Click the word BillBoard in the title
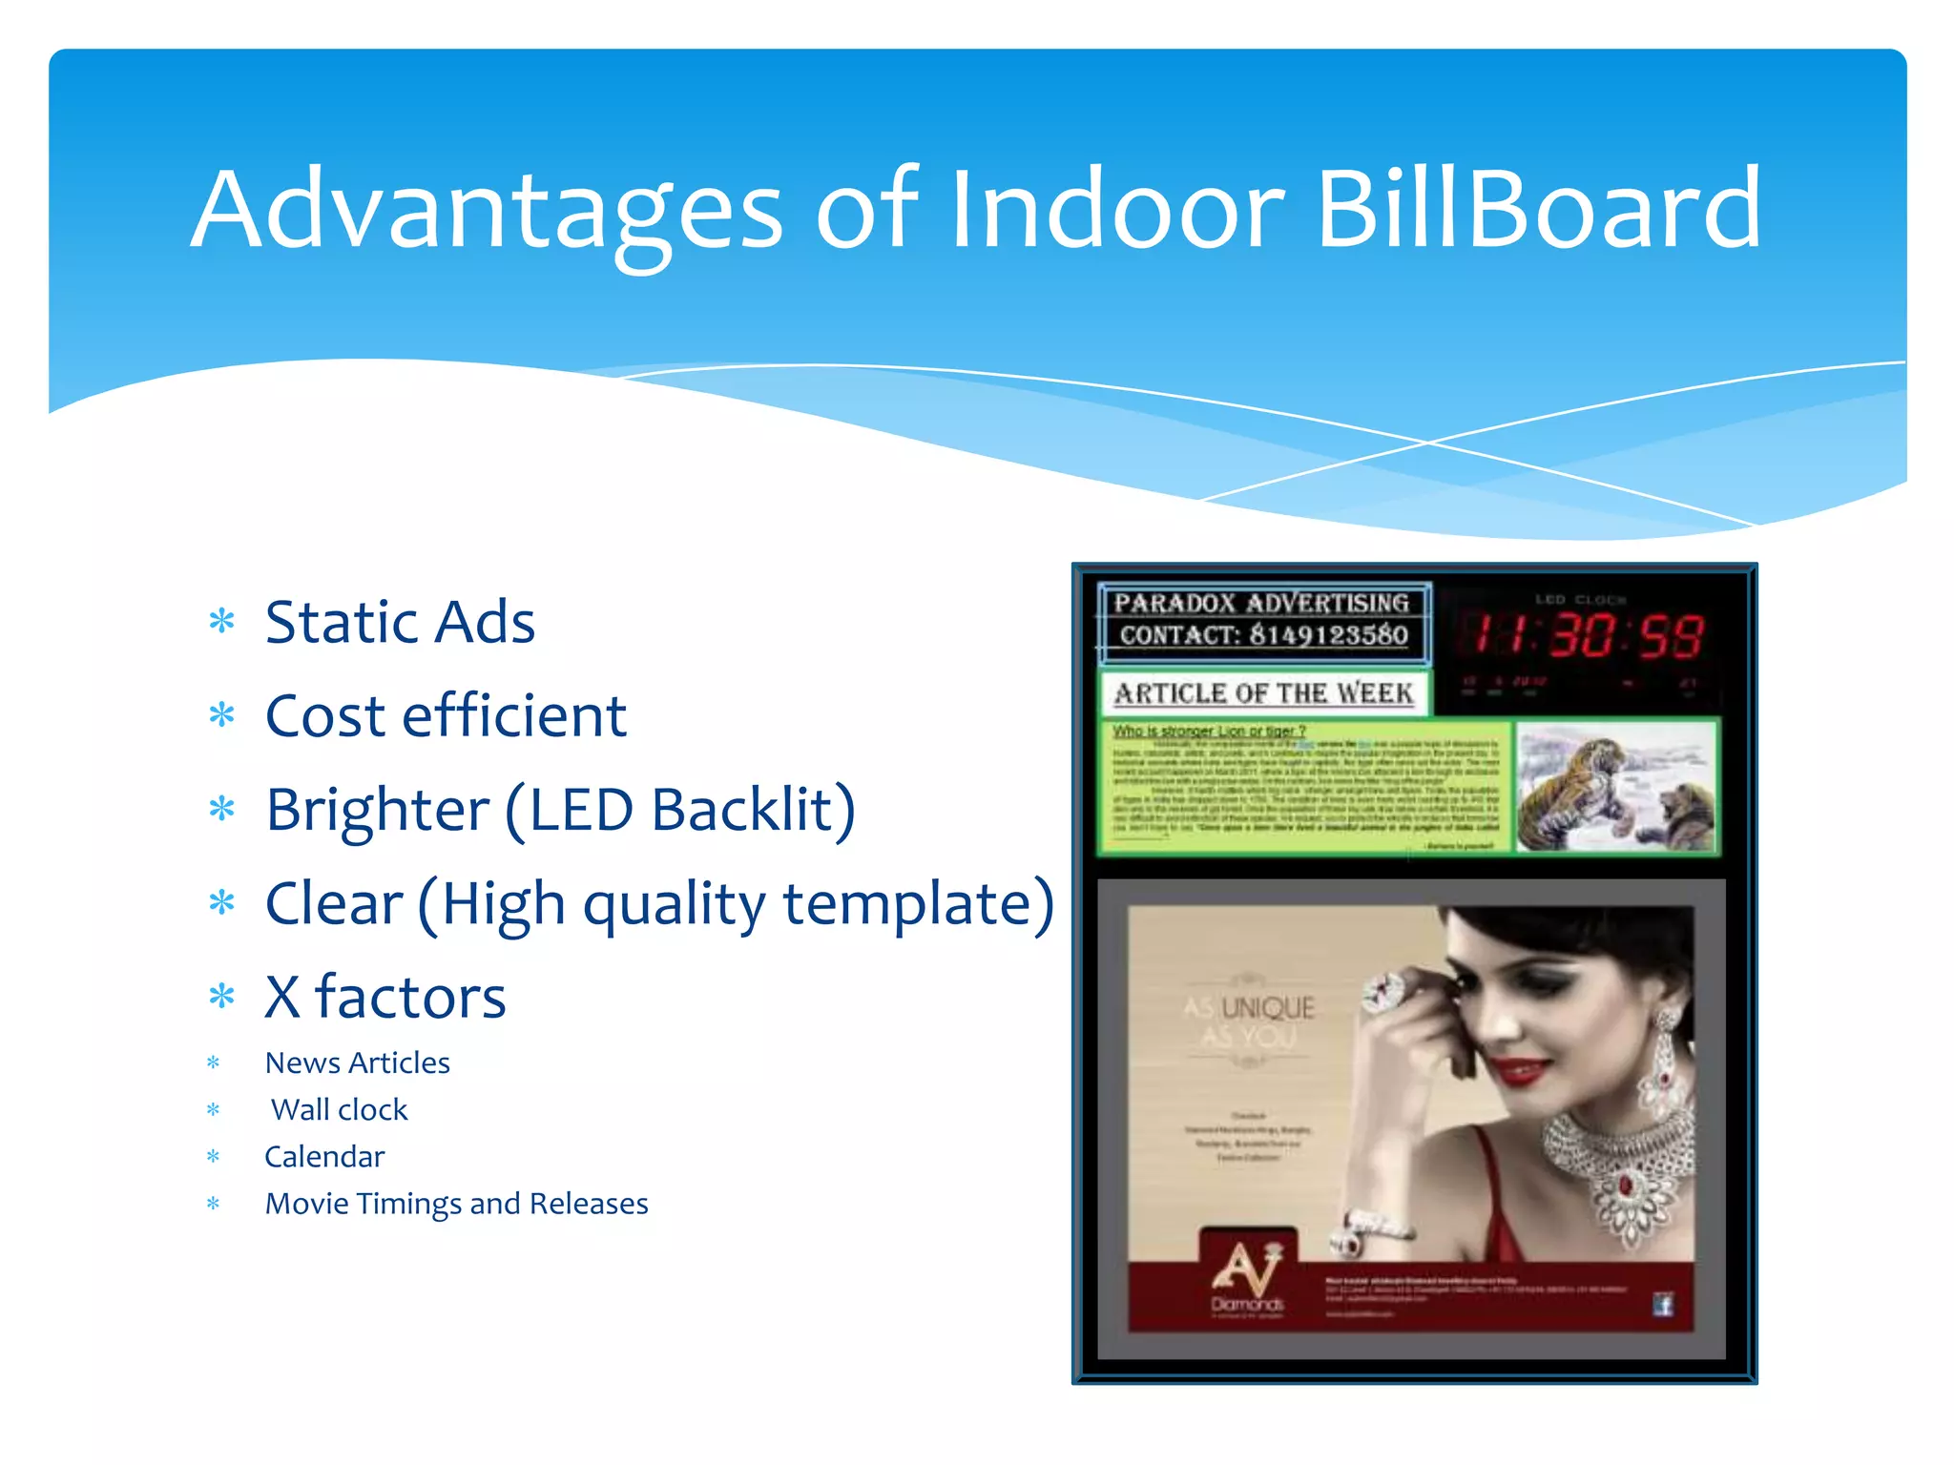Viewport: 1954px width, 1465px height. click(x=1538, y=210)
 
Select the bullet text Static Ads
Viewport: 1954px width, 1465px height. click(x=400, y=623)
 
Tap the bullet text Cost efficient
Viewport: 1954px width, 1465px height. click(x=446, y=716)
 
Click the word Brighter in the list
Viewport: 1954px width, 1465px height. click(x=377, y=810)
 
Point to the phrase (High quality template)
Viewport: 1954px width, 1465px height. click(x=736, y=904)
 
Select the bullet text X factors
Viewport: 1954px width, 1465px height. click(x=385, y=998)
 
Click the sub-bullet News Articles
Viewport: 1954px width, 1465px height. click(x=357, y=1063)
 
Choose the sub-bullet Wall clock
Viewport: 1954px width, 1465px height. click(x=339, y=1109)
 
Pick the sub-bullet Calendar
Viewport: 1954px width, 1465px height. click(x=324, y=1156)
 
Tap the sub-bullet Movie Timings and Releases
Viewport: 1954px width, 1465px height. click(x=456, y=1204)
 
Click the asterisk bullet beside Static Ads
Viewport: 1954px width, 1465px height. click(x=221, y=623)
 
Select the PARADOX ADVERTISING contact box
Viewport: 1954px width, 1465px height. click(x=1262, y=620)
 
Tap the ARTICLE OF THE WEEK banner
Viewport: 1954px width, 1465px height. click(x=1263, y=693)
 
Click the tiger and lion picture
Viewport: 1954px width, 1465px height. click(x=1616, y=788)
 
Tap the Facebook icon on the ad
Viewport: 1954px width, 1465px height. click(x=1663, y=1304)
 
